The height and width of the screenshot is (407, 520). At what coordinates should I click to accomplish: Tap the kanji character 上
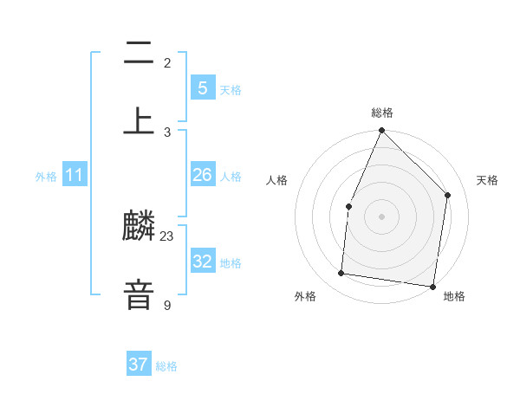pos(139,120)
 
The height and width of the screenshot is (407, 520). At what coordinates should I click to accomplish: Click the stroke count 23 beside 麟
pos(167,236)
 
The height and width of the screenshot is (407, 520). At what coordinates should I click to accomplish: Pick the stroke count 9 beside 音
pos(167,305)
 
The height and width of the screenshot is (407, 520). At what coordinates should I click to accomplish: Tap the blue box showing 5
pos(203,87)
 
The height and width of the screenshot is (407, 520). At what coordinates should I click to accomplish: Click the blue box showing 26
pos(203,175)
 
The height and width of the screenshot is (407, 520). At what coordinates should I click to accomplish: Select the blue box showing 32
pos(203,262)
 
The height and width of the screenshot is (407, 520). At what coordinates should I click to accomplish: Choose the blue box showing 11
pos(75,175)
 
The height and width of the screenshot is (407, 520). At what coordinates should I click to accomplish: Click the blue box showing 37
pos(139,365)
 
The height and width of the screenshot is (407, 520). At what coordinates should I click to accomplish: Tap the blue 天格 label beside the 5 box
pos(230,90)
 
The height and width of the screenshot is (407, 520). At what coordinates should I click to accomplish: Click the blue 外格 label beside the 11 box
pos(46,177)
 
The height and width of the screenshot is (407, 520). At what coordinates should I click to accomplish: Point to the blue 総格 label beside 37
pos(166,366)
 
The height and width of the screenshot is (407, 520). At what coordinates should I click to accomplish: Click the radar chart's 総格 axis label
pos(382,113)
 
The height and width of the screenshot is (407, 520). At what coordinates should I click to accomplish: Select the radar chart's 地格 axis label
pos(454,296)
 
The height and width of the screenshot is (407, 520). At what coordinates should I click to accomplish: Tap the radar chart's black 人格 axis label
pos(277,180)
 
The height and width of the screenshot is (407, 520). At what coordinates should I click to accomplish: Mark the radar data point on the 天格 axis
pos(448,195)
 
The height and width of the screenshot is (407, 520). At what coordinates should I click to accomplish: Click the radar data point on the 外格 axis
pos(341,274)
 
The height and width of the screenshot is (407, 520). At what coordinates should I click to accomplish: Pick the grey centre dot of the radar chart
pos(382,216)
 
